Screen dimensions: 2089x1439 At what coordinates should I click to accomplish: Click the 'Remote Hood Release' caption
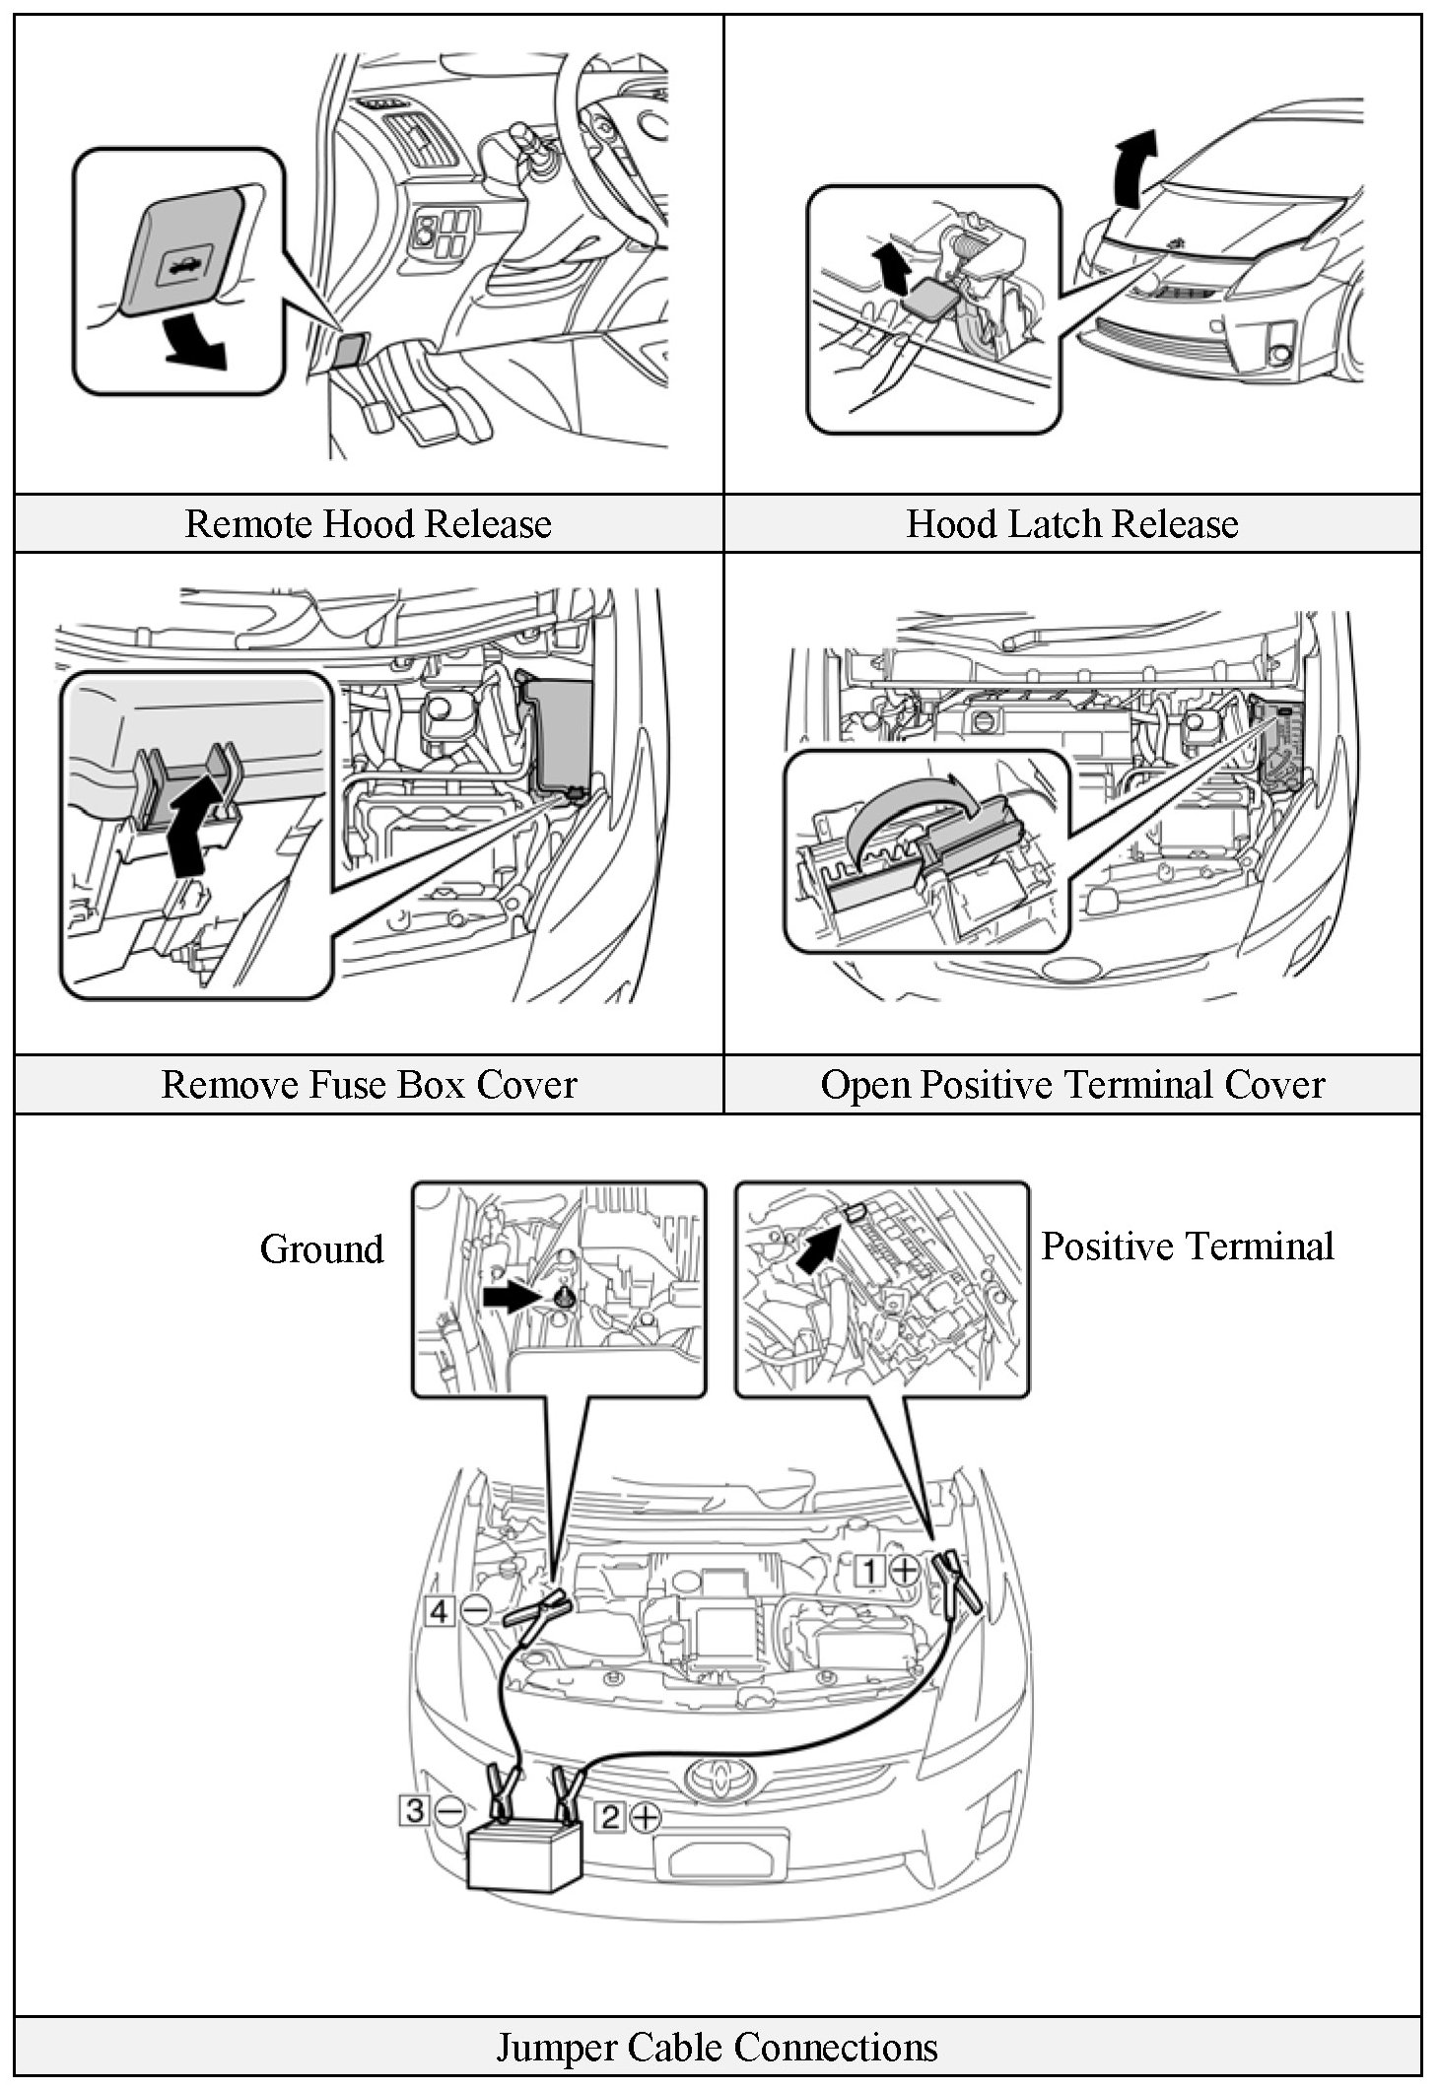point(368,523)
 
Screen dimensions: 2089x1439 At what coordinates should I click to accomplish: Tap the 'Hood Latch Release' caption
point(1071,523)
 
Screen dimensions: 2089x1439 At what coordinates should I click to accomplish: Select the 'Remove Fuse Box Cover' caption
point(368,1084)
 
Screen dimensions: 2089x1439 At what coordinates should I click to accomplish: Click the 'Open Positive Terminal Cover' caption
point(1071,1084)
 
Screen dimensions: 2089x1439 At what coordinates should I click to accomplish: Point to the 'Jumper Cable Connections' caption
point(717,2047)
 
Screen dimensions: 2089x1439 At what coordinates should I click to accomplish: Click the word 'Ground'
point(321,1248)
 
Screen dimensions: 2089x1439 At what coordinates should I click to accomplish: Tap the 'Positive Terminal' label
point(1187,1246)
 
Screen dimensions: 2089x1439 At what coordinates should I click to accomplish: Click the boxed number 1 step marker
point(869,1570)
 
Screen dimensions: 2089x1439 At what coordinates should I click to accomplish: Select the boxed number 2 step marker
point(611,1816)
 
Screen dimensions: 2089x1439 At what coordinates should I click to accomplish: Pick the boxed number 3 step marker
point(415,1810)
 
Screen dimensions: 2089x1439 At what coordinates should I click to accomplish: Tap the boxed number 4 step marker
point(440,1611)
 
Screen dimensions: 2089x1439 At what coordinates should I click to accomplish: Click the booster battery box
point(525,1854)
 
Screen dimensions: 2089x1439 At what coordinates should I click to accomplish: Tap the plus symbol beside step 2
point(646,1816)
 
